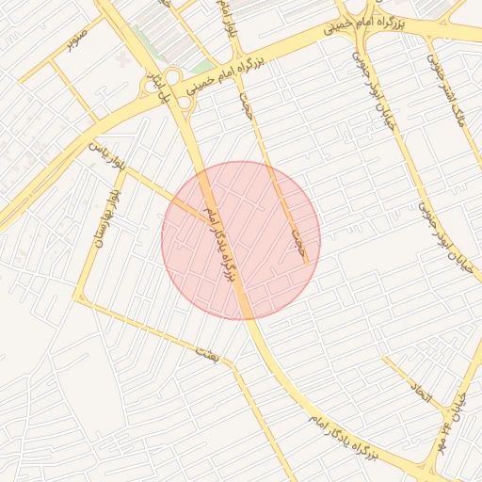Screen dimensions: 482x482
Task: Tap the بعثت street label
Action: coord(203,352)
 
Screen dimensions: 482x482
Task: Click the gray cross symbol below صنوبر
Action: coord(121,59)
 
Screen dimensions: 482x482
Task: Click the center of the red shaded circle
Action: coord(241,241)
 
